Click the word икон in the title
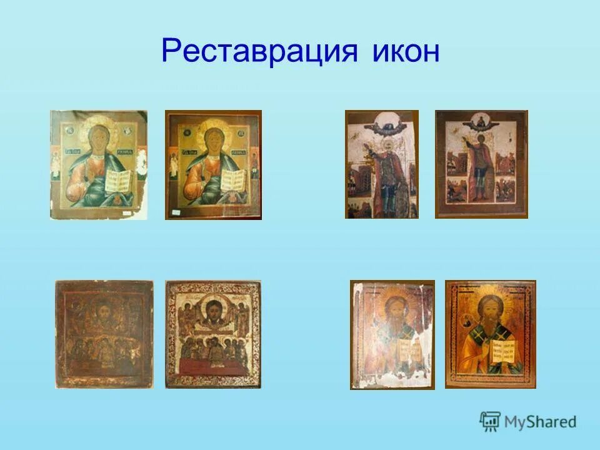point(400,52)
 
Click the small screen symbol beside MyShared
point(490,422)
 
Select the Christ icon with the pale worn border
point(99,165)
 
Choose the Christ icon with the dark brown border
point(213,165)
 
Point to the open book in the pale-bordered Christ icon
point(117,181)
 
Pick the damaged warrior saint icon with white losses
point(382,164)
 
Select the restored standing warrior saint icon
point(481,164)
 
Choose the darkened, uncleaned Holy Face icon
point(104,334)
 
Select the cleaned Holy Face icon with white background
point(213,334)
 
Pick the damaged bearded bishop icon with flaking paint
point(392,334)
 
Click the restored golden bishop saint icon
point(491,334)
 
